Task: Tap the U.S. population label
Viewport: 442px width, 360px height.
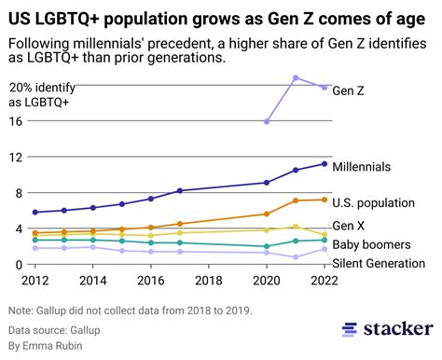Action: point(373,202)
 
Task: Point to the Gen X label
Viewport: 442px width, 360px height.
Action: point(349,226)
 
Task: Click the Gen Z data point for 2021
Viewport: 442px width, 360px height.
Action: point(296,78)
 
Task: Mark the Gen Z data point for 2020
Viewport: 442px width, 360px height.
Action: point(267,121)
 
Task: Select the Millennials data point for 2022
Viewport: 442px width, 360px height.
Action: point(324,164)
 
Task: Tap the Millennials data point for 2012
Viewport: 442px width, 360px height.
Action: point(35,213)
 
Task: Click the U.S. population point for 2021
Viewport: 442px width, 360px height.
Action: point(296,201)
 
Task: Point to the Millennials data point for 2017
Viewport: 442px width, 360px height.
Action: point(179,191)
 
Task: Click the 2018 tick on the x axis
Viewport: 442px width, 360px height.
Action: point(209,279)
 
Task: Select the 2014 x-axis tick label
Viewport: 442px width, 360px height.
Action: point(92,279)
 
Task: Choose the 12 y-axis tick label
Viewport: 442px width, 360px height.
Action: point(16,157)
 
